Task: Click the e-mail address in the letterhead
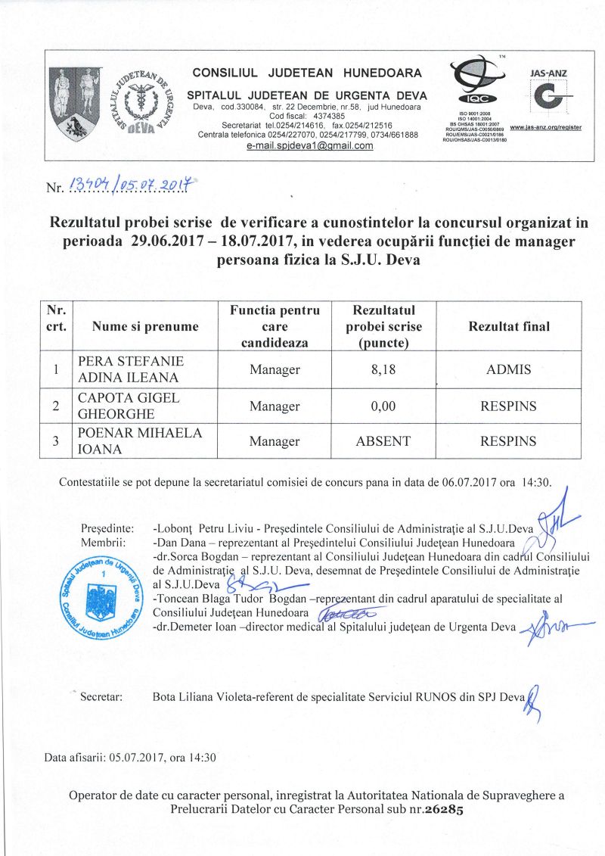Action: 310,145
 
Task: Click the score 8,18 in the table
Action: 383,370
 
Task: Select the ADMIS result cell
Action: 509,370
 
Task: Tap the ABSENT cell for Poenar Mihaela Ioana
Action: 383,440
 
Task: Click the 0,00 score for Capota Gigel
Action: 383,406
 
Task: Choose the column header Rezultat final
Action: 509,326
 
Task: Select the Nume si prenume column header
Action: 145,326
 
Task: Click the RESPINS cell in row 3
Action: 509,440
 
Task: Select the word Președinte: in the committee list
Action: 107,528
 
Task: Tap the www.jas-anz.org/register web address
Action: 546,127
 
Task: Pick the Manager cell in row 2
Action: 275,406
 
